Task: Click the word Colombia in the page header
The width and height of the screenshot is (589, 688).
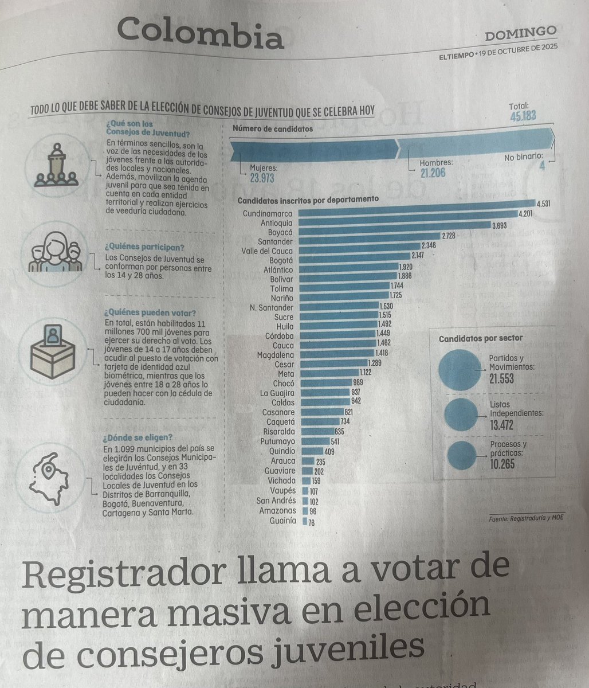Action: [201, 34]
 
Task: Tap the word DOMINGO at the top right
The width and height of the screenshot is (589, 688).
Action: [520, 34]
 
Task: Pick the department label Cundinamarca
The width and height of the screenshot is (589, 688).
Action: [268, 213]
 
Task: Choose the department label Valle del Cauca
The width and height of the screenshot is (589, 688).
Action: [267, 251]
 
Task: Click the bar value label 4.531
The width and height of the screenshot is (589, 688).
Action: [543, 204]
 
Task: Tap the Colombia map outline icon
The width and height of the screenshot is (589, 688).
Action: [50, 479]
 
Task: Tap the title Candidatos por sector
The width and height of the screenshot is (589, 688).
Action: [480, 338]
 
